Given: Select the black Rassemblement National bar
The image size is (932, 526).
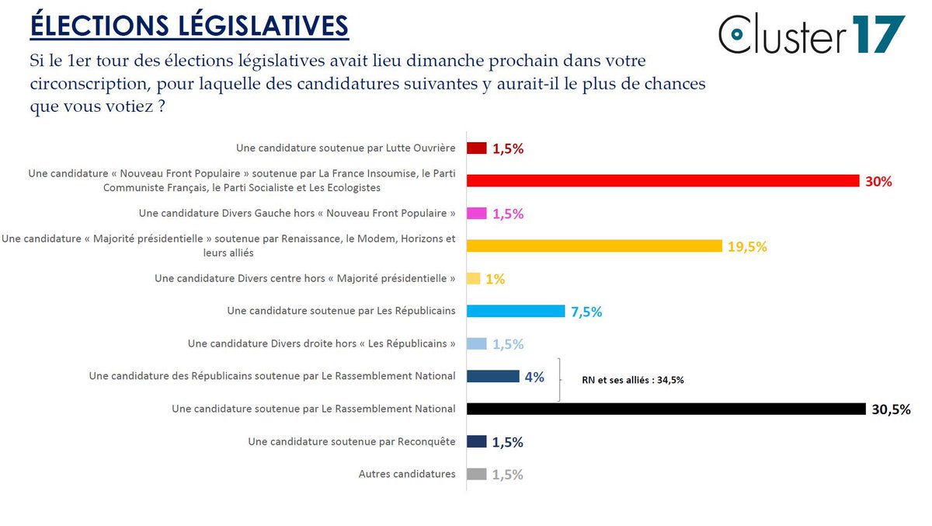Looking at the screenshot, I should coord(666,409).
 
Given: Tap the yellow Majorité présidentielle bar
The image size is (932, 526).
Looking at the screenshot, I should coord(594,246).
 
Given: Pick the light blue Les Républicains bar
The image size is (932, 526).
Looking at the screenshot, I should coord(516,312).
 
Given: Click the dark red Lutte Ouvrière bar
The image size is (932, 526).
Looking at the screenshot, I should coord(477,148).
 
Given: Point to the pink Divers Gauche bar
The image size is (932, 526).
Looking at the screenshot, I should coord(477,214).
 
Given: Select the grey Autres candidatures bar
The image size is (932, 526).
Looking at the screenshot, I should coord(477,474).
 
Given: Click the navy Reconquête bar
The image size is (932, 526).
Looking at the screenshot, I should coord(477,441).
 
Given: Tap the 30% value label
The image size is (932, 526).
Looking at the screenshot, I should coord(878,182).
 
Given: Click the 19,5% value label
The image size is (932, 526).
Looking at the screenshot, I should coord(748,247).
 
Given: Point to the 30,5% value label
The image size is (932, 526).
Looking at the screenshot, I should coord(891,409).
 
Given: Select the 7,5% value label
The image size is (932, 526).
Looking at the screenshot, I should coord(586,312).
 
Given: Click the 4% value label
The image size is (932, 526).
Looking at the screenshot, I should coord(534,377).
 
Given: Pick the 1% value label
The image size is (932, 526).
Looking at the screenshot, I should coord(496,279).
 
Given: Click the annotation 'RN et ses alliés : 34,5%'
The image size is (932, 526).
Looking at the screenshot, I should coord(633,381).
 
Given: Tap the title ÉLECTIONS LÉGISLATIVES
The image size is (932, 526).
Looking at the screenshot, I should coord(189,25).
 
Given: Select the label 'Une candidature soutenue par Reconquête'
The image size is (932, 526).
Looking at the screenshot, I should coord(352,441).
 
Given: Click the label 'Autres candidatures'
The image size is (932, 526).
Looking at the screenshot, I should coord(407,474).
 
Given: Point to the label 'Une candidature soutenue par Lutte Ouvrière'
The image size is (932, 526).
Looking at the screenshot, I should coord(346,148).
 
